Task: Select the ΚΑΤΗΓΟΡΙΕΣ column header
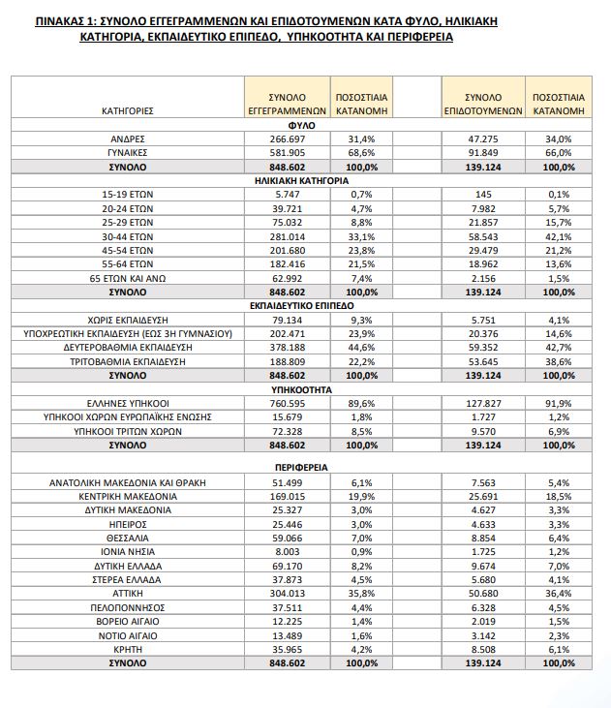click(127, 111)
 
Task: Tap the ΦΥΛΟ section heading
click(302, 125)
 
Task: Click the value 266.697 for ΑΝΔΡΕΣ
click(284, 139)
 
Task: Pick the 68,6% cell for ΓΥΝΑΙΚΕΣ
click(359, 153)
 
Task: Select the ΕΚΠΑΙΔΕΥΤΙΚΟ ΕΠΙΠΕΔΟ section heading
click(302, 304)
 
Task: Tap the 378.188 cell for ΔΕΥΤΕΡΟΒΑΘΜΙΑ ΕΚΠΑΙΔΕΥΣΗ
click(284, 347)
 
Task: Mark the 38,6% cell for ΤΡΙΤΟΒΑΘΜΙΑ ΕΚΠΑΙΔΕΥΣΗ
click(558, 360)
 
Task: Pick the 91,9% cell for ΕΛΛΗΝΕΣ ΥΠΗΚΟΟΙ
click(558, 402)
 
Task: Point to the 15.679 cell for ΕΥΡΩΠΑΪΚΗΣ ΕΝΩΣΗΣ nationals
click(284, 416)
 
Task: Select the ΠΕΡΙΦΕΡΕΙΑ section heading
click(302, 466)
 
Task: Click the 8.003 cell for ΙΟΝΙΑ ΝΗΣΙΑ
click(284, 551)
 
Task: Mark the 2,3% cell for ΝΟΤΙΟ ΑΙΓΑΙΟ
click(558, 635)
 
